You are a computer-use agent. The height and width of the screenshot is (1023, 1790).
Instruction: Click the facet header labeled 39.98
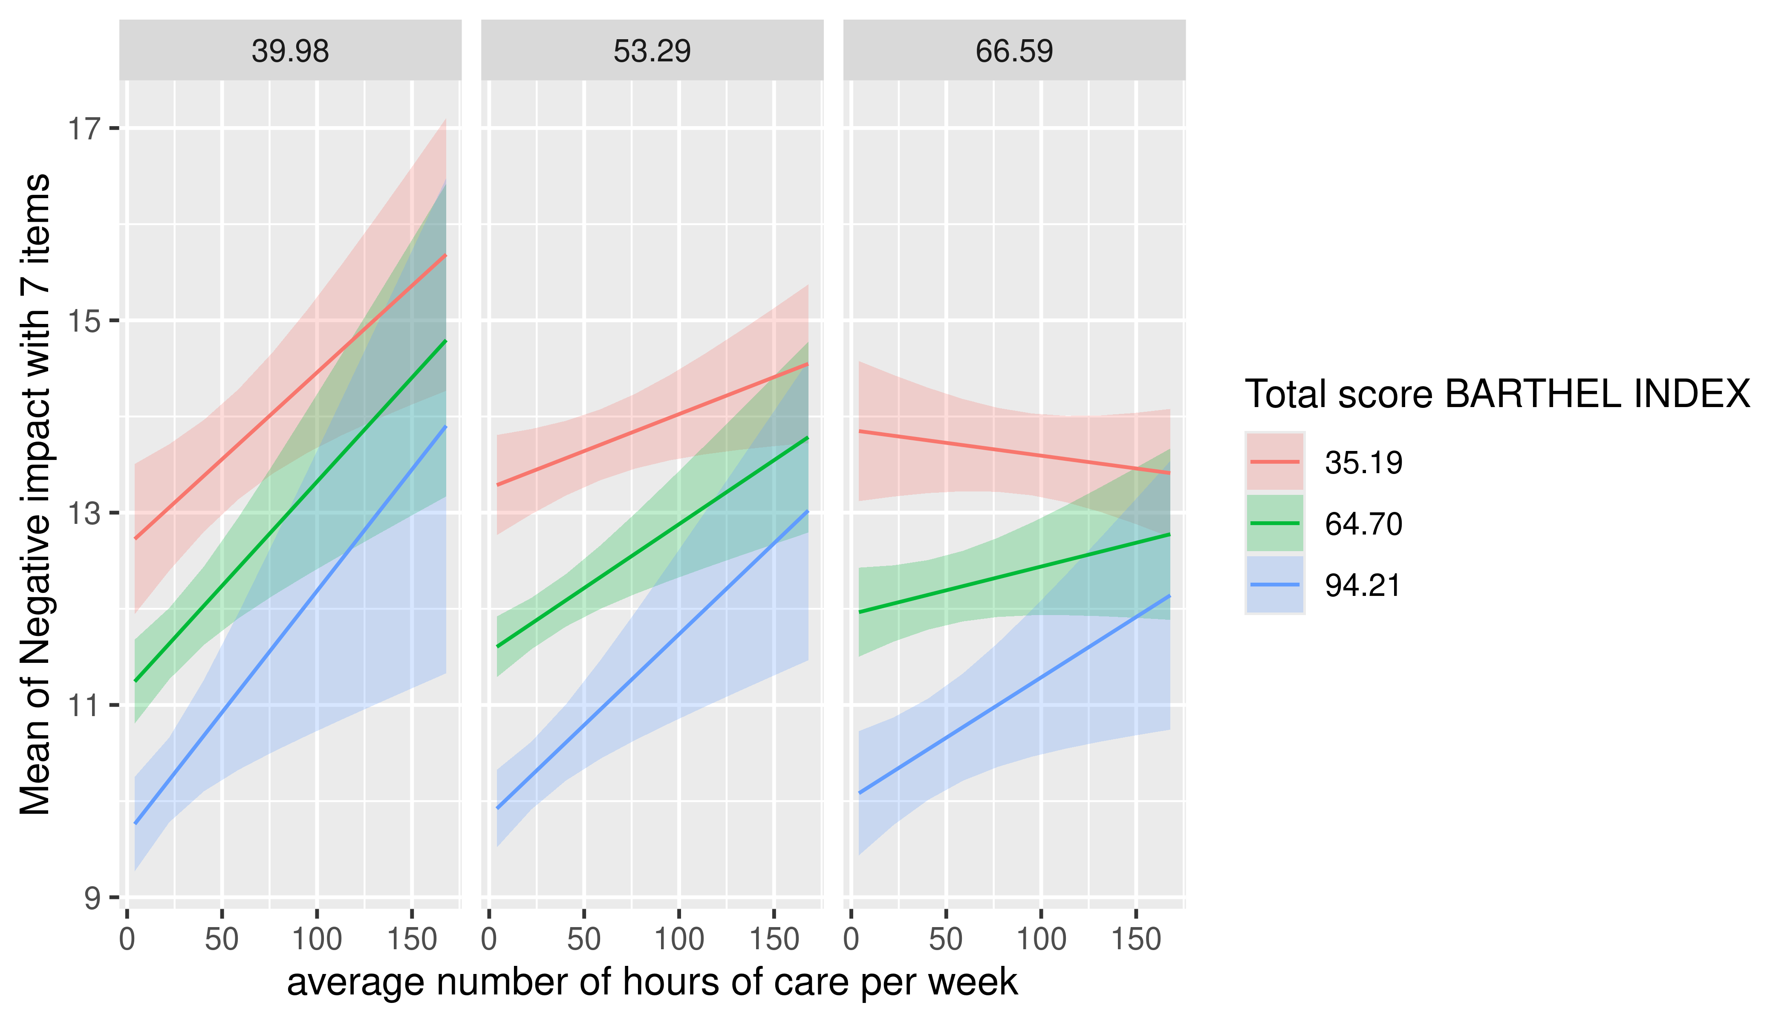290,51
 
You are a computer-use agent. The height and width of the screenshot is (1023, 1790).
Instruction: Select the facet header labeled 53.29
652,51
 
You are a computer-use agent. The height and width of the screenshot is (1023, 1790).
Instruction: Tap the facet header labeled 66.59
1014,51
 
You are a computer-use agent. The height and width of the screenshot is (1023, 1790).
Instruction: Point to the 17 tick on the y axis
83,129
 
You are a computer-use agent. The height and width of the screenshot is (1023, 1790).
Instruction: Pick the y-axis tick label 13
83,514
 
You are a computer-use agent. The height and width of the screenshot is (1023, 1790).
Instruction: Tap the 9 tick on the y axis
92,898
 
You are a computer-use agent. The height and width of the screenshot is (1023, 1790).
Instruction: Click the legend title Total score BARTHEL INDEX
1497,393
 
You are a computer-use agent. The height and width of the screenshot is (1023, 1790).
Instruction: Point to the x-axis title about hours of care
652,982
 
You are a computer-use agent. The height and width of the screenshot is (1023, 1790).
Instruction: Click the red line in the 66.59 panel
1014,452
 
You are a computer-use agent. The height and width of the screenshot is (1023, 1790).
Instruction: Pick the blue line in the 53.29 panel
652,660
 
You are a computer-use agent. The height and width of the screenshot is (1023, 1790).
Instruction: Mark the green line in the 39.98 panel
290,511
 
